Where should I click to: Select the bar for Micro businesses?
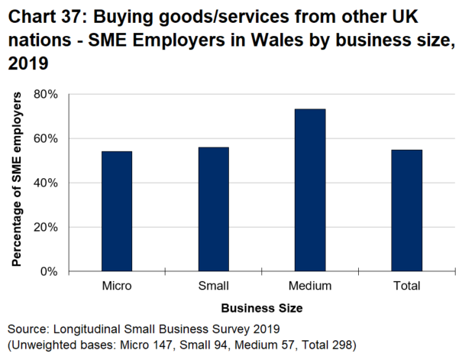tap(117, 211)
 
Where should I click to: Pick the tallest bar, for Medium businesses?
tap(310, 190)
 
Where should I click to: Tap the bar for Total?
tap(406, 210)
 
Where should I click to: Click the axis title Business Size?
tap(261, 308)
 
